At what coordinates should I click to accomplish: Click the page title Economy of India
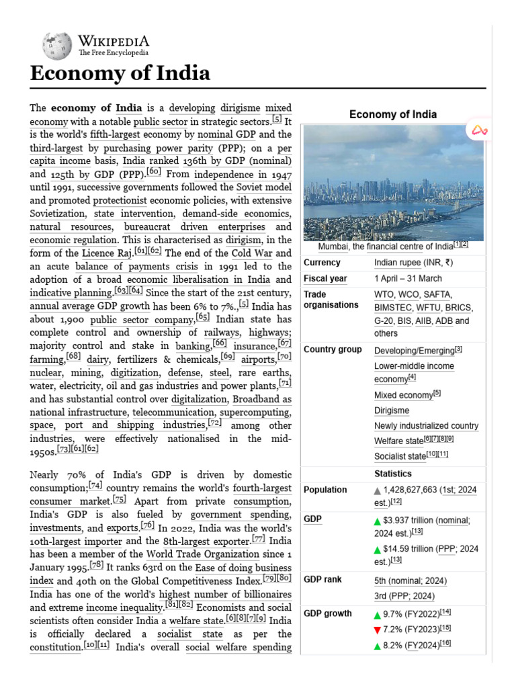tap(120, 73)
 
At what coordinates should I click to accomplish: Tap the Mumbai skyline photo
tap(393, 182)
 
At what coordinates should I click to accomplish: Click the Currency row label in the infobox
tap(322, 263)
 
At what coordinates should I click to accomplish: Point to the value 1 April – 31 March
tap(408, 278)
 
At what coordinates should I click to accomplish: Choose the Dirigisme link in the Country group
tap(392, 411)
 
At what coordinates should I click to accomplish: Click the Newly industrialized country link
tap(426, 426)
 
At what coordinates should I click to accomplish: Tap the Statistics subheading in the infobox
tap(392, 474)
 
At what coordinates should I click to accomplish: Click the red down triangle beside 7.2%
tap(378, 630)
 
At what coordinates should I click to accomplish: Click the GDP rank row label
tap(323, 580)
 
